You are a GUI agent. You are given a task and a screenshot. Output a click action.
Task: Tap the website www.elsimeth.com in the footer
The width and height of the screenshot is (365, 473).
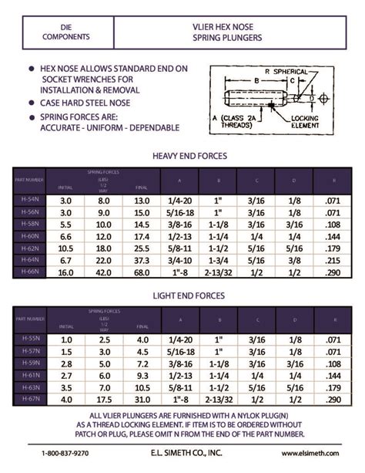[308, 454]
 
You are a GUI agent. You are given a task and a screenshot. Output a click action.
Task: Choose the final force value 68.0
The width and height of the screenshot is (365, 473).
[141, 272]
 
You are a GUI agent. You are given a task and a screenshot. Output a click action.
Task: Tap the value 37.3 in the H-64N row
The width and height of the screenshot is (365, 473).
[141, 260]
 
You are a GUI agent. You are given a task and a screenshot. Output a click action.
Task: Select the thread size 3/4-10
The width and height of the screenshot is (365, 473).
[179, 260]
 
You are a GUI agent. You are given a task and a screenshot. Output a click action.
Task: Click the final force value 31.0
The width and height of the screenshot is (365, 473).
[141, 399]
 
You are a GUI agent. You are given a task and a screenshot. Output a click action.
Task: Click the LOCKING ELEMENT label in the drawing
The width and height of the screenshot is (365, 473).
[311, 121]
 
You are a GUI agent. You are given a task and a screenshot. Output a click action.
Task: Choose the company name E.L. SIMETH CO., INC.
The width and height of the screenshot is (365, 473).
[182, 454]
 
